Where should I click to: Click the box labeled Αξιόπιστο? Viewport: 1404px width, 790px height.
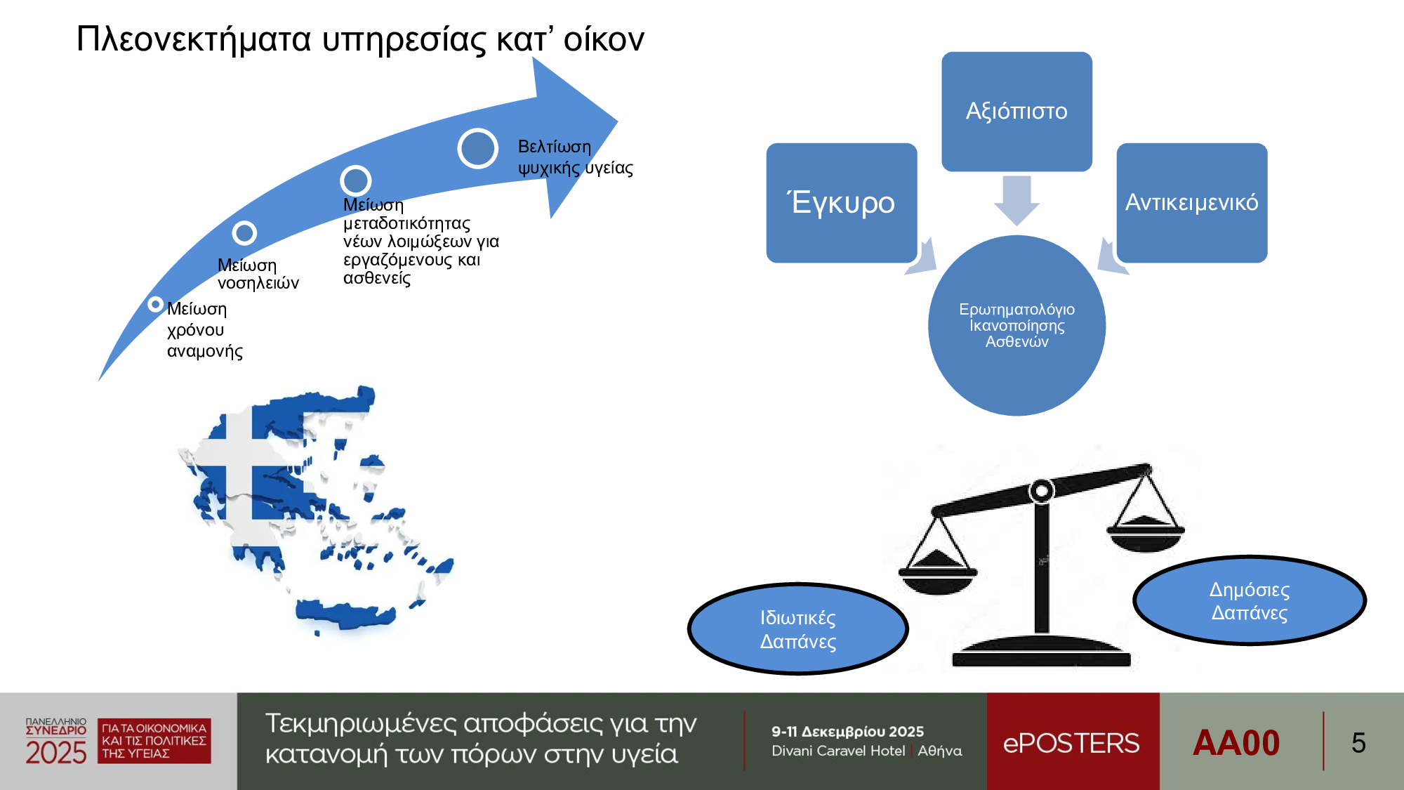[x=1016, y=111]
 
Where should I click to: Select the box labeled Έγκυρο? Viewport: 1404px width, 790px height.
[x=842, y=203]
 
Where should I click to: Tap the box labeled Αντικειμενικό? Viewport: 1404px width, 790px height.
[x=1192, y=203]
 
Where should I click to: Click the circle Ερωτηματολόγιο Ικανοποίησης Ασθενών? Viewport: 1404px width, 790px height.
[x=1016, y=325]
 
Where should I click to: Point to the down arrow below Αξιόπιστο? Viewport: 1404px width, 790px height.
[x=1016, y=200]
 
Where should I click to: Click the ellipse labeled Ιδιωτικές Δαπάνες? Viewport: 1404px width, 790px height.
[x=798, y=629]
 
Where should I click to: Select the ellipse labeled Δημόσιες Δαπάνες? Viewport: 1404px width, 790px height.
[x=1250, y=600]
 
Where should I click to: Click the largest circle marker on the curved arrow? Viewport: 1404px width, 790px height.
[x=478, y=148]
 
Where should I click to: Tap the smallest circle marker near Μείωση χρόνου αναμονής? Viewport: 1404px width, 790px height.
[x=155, y=304]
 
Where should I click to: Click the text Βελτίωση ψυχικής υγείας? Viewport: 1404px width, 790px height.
[x=576, y=157]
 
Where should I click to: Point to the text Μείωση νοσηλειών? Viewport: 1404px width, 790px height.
[x=258, y=274]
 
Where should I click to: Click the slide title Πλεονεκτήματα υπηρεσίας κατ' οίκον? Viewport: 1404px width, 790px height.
[x=360, y=39]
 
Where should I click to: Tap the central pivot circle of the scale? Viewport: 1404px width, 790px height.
[x=1042, y=490]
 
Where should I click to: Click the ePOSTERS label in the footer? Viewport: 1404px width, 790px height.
[x=1071, y=743]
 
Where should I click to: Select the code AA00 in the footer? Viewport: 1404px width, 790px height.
[x=1236, y=743]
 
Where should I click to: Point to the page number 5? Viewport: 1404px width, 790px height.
[x=1358, y=743]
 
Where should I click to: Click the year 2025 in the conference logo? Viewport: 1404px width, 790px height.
[x=56, y=753]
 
